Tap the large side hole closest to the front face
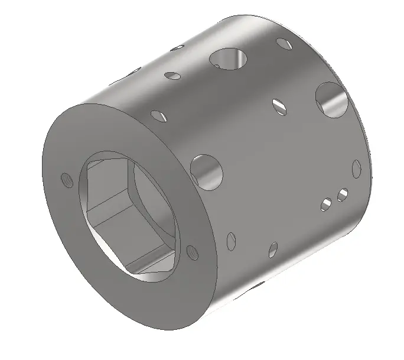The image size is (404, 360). click(x=207, y=170)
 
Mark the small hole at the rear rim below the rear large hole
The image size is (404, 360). click(x=356, y=168)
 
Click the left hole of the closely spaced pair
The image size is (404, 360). click(x=325, y=205)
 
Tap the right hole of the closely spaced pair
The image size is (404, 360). click(x=341, y=194)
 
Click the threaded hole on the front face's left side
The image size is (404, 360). click(x=66, y=179)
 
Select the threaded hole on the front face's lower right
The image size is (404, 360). click(x=191, y=252)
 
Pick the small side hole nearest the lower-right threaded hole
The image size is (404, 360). click(x=230, y=239)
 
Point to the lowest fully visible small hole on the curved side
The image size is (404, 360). click(x=272, y=249)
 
